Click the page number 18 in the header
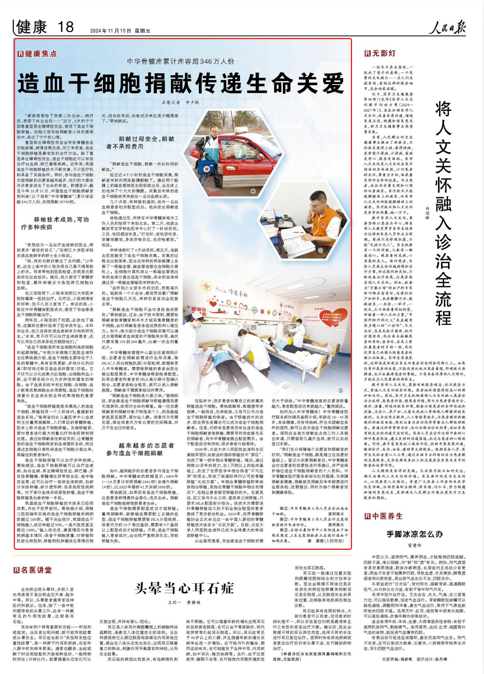coord(66,27)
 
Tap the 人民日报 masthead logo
coord(447,28)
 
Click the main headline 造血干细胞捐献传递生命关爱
coord(181,83)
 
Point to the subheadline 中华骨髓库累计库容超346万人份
coord(181,61)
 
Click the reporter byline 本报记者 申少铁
coord(180,102)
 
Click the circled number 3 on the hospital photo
coord(340,391)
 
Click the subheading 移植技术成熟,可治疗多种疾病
coord(55,223)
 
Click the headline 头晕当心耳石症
coord(184,589)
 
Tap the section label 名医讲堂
coord(32,570)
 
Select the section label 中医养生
coord(384,516)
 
